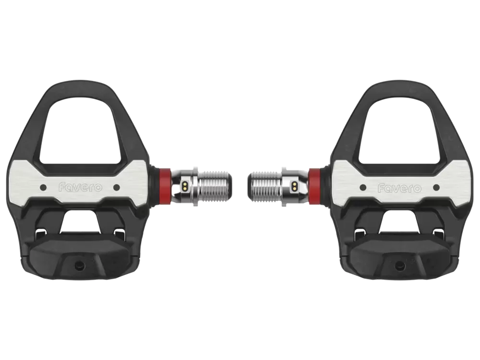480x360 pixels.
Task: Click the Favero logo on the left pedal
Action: click(80, 187)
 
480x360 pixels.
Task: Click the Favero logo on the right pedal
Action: click(399, 188)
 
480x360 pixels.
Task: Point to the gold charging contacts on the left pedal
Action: click(185, 185)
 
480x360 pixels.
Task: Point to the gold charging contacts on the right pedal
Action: click(294, 185)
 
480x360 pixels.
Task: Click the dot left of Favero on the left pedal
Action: click(44, 186)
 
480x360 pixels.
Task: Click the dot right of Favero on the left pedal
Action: click(116, 186)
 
